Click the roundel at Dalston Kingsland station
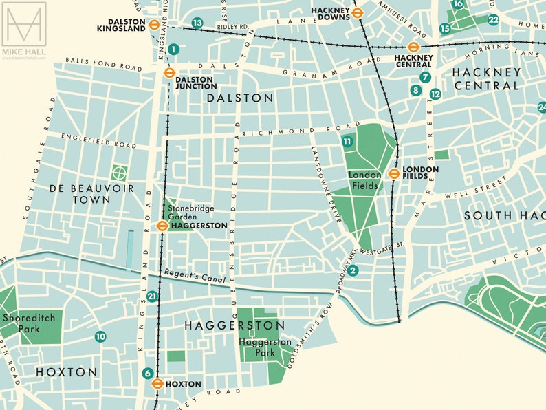pos(154,23)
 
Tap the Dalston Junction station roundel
pos(167,72)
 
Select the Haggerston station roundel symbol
pos(162,226)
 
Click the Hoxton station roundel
pos(157,384)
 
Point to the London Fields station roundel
pos(394,173)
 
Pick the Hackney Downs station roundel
pos(357,11)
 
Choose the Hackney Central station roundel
pos(413,47)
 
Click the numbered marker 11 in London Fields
pos(347,142)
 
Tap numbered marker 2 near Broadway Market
pos(353,270)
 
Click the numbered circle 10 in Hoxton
pos(100,336)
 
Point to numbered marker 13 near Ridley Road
pos(197,23)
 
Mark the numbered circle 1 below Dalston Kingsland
pos(173,49)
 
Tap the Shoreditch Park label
pos(23,323)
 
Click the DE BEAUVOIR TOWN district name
pos(91,194)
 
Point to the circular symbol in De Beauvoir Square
pos(120,172)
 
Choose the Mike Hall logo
pos(23,30)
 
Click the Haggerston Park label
pos(265,347)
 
